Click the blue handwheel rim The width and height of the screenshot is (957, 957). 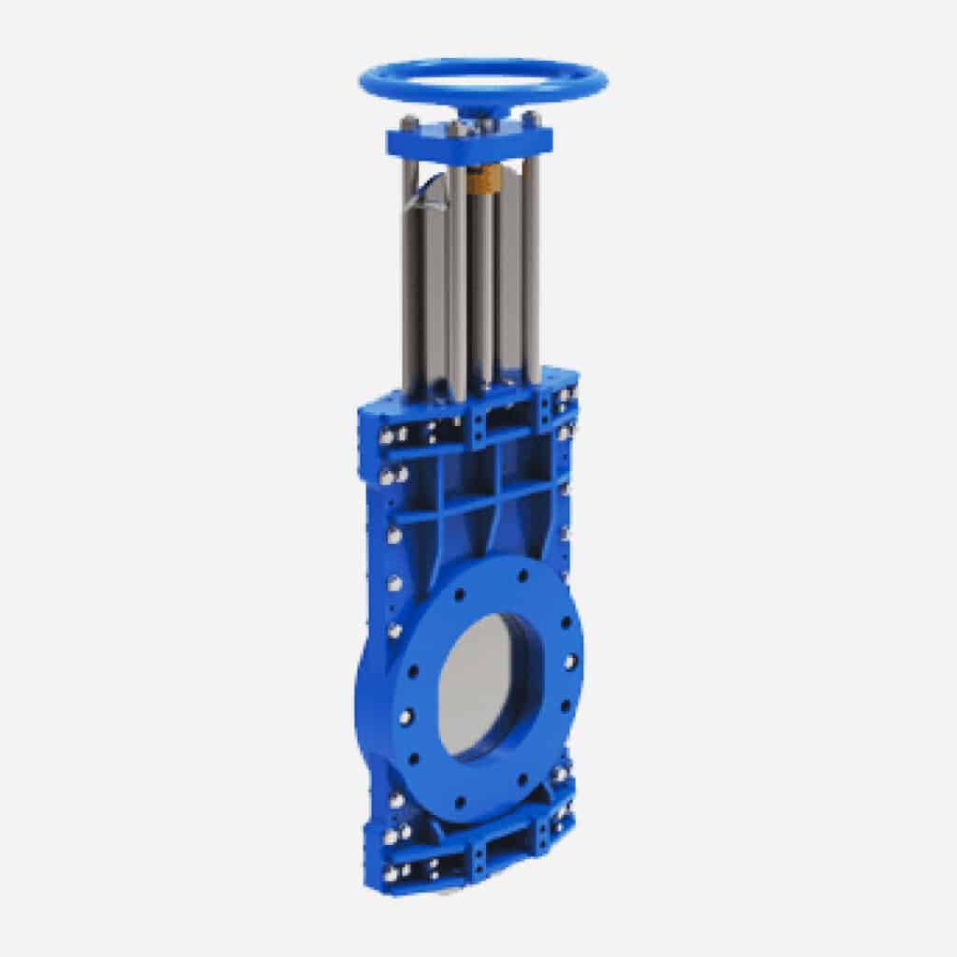(482, 65)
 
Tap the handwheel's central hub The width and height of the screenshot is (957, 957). (483, 110)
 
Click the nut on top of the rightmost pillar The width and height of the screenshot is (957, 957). (530, 119)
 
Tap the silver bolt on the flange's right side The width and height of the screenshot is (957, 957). (569, 662)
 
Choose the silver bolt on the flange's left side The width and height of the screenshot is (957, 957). (406, 717)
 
